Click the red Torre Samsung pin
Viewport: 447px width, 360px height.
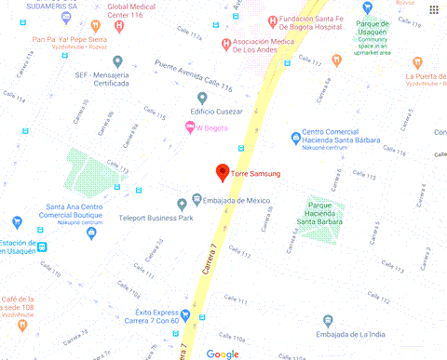click(222, 170)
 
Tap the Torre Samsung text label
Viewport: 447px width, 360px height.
click(255, 173)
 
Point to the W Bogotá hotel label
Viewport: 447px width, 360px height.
click(212, 128)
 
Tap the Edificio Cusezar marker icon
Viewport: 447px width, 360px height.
click(203, 98)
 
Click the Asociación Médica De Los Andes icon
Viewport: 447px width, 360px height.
click(226, 45)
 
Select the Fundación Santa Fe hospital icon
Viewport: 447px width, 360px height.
click(271, 20)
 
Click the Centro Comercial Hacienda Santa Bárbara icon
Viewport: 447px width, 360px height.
click(295, 137)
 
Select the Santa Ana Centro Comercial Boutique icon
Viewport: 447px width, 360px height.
click(91, 233)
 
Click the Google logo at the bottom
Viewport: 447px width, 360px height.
click(223, 353)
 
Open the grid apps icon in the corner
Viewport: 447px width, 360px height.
click(435, 9)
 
